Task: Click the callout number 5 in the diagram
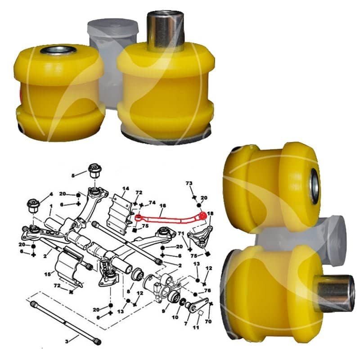73,175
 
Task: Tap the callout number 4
51,194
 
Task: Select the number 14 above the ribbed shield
126,189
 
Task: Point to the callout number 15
48,274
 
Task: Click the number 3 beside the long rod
67,342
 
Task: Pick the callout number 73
189,183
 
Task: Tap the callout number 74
152,202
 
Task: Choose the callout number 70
208,321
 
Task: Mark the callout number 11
196,328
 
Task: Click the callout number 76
207,290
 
